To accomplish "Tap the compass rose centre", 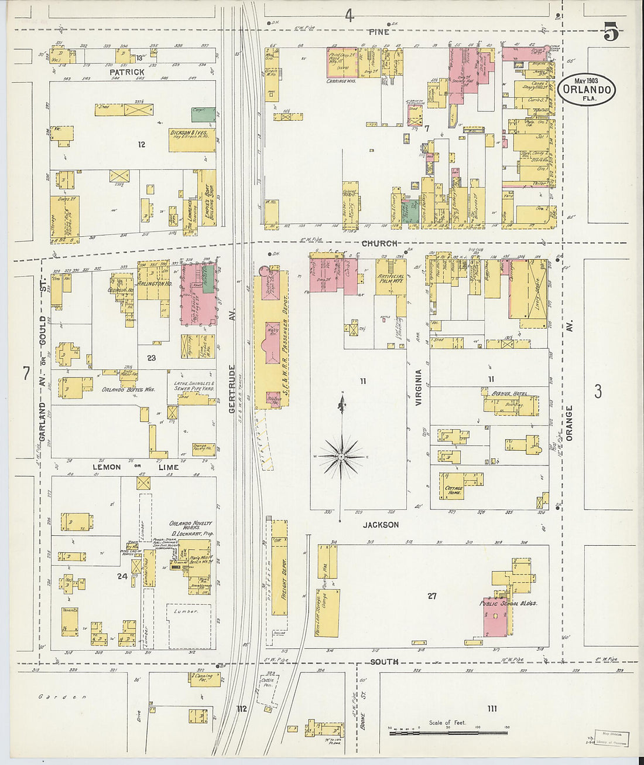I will click(x=341, y=455).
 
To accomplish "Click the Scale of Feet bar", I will click(x=448, y=732).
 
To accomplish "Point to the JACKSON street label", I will click(x=381, y=525).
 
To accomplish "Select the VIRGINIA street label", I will click(x=418, y=387).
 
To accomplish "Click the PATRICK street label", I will click(x=126, y=72).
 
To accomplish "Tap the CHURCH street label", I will click(x=379, y=243).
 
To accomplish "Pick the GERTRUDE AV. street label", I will click(x=232, y=389).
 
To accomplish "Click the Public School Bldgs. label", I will click(x=508, y=603).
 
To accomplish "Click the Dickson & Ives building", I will click(x=192, y=140).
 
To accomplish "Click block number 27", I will click(x=431, y=596).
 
